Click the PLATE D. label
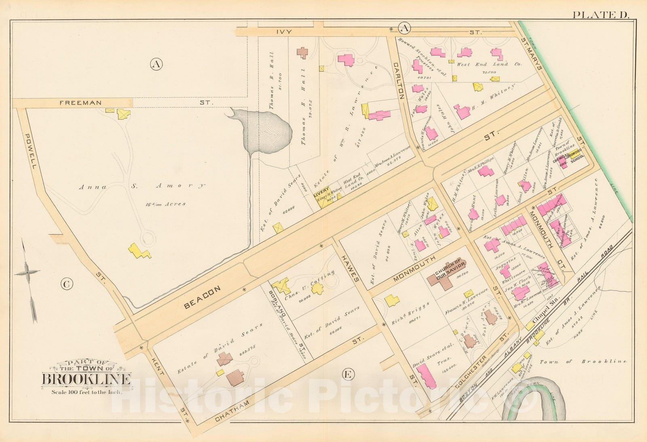pyautogui.click(x=600, y=15)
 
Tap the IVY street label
pyautogui.click(x=284, y=31)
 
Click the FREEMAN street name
pyautogui.click(x=80, y=103)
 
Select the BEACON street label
pyautogui.click(x=202, y=298)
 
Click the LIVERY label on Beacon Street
pyautogui.click(x=321, y=195)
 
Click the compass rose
pyautogui.click(x=27, y=273)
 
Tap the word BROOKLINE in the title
pyautogui.click(x=86, y=379)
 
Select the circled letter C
pyautogui.click(x=67, y=284)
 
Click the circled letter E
pyautogui.click(x=347, y=375)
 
